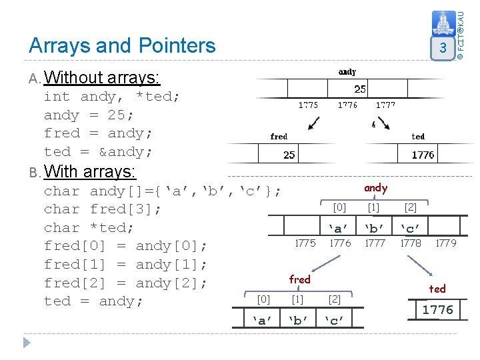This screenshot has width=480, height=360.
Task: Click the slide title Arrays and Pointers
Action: click(x=122, y=45)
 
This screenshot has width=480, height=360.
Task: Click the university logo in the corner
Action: click(x=443, y=25)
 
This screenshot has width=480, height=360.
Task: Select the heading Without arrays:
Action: click(x=102, y=78)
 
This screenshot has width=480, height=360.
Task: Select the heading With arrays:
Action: click(x=90, y=171)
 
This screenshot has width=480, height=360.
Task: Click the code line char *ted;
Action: click(x=89, y=227)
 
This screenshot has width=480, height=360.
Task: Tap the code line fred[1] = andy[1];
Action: click(x=125, y=264)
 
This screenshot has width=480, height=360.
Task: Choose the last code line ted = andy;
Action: click(x=93, y=301)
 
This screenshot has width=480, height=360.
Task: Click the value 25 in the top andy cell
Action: click(x=359, y=89)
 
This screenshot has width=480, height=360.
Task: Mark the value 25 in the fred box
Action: click(x=289, y=155)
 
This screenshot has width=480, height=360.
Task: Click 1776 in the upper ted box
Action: click(x=423, y=155)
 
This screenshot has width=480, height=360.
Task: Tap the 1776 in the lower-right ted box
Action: click(x=437, y=309)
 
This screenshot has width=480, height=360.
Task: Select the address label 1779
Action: click(x=445, y=243)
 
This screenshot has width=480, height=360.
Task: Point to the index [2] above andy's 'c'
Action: click(x=411, y=208)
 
